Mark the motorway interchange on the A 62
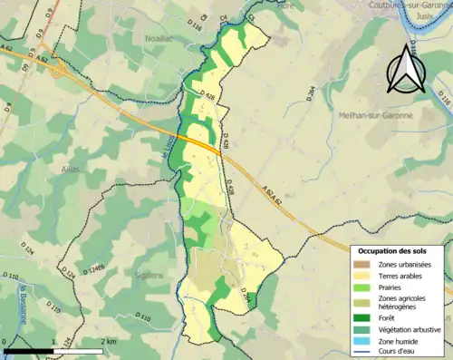tap(59, 71)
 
